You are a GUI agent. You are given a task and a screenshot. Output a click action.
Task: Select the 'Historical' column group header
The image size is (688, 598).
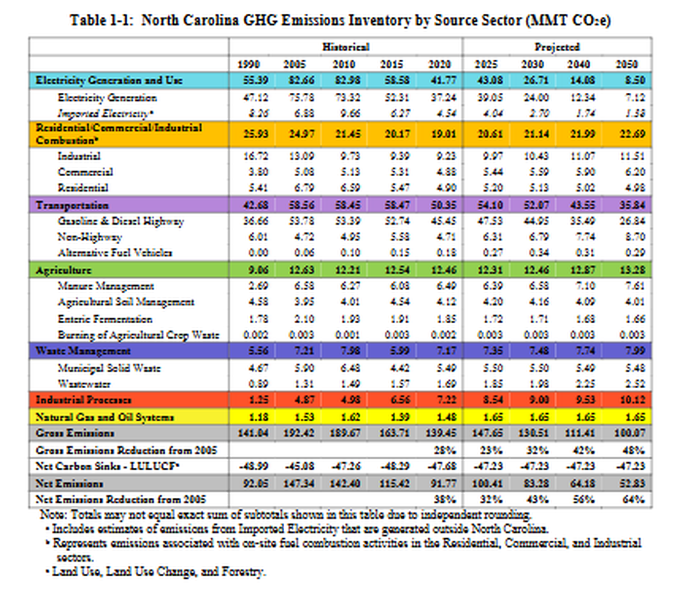tap(345, 46)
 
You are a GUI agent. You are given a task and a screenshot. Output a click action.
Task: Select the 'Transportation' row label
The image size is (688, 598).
tap(72, 206)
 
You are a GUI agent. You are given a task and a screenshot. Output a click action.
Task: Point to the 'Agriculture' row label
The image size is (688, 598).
tap(63, 269)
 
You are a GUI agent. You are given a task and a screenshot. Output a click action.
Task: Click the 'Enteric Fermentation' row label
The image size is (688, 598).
tap(105, 319)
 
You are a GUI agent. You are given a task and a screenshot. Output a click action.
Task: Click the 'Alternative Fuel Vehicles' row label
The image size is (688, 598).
tap(115, 253)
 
